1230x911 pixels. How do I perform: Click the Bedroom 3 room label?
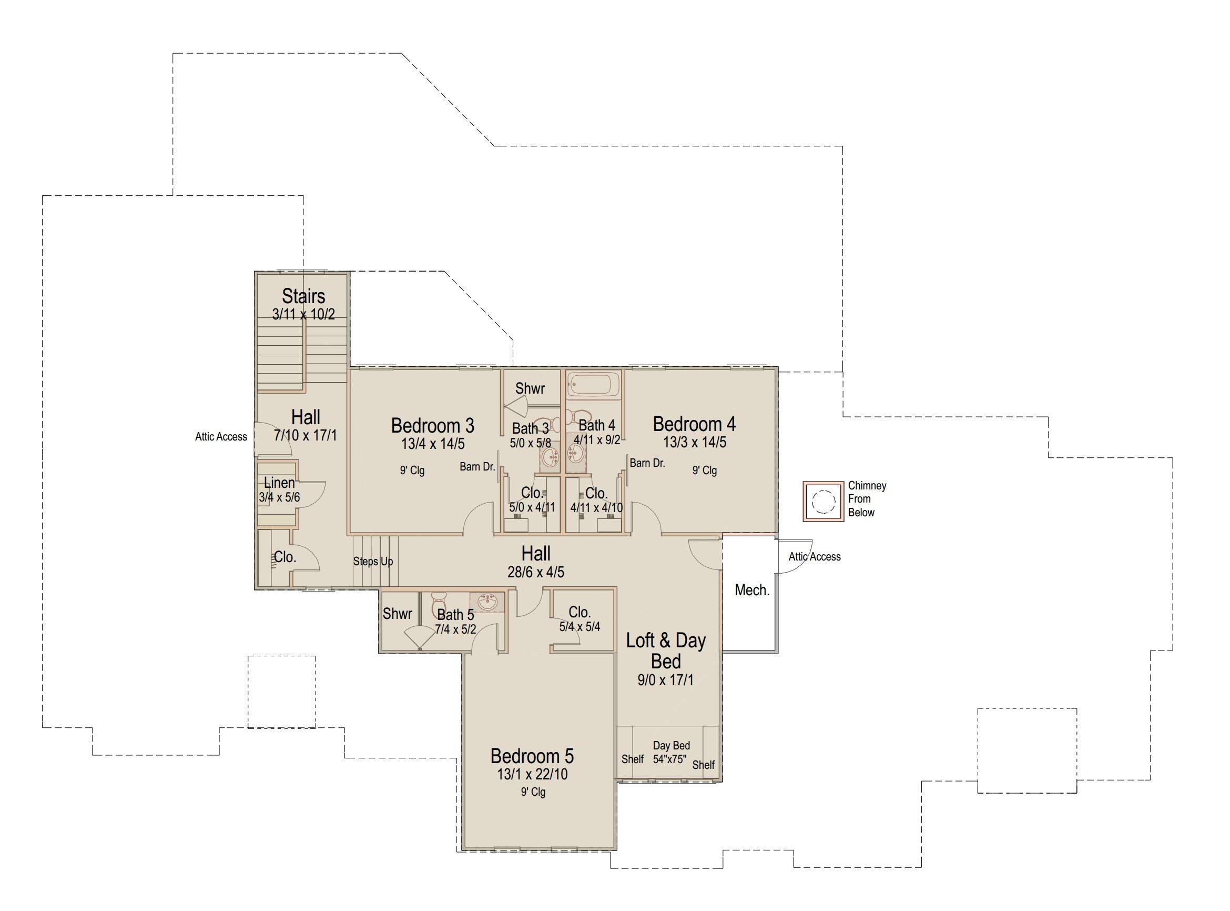point(433,425)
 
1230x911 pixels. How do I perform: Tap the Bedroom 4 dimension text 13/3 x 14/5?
point(694,442)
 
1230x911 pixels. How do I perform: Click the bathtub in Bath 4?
point(594,384)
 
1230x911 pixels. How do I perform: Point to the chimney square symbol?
point(824,501)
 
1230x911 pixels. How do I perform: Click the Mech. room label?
point(752,590)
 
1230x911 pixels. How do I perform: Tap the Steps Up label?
point(373,562)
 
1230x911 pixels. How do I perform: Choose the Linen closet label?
point(279,483)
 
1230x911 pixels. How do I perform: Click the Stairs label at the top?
point(303,296)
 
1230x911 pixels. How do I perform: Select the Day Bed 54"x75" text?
point(671,752)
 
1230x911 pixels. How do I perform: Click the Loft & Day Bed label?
point(666,650)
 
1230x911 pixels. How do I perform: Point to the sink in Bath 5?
point(486,602)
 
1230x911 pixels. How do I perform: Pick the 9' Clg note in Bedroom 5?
point(533,793)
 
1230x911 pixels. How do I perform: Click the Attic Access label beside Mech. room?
point(815,557)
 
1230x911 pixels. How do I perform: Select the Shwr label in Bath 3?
point(530,388)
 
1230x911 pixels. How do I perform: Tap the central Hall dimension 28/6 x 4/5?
point(536,573)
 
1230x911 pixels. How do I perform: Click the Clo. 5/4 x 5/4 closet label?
point(580,619)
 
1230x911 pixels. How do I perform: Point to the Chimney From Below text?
point(867,499)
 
